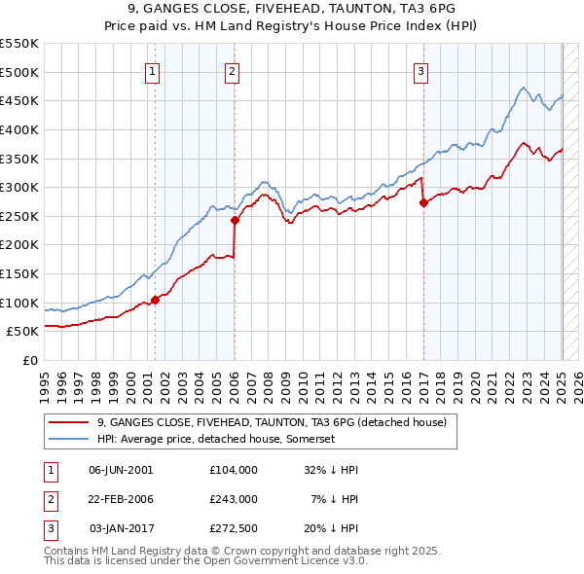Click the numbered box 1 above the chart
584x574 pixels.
pos(154,70)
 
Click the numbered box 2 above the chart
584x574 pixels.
pos(233,70)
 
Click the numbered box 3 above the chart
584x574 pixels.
pos(421,70)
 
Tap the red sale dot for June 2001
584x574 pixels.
pos(155,300)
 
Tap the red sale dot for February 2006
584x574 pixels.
pos(235,220)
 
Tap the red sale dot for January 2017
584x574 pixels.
pos(423,203)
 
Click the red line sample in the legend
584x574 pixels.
pos(69,423)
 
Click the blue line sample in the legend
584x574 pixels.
pos(69,439)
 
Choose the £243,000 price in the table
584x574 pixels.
pos(234,499)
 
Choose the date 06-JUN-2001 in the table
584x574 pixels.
pos(121,469)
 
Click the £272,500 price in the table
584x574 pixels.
pos(234,529)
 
